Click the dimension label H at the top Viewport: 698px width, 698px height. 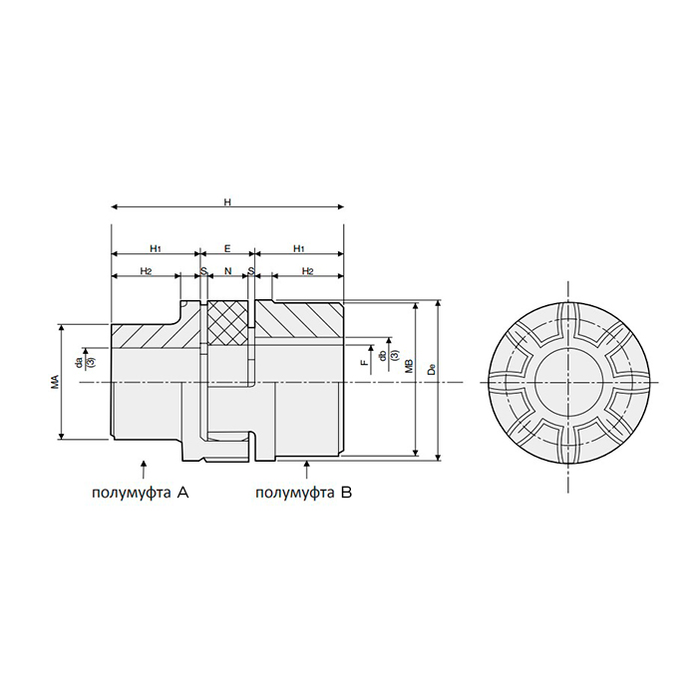click(x=227, y=202)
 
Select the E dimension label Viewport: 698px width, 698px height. click(x=227, y=248)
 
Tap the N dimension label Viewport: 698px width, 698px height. click(x=228, y=270)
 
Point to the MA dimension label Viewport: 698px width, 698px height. click(x=55, y=382)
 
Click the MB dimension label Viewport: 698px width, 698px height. click(x=410, y=366)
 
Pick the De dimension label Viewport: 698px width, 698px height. click(x=431, y=369)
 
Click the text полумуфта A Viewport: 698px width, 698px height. click(x=141, y=493)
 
